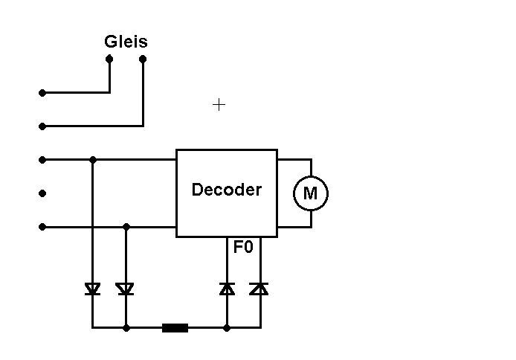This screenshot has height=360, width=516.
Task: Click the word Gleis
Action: point(126,42)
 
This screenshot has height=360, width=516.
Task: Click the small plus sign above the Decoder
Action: point(219,105)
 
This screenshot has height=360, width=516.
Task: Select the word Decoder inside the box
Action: point(227,190)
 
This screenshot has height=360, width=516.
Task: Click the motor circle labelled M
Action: point(310,193)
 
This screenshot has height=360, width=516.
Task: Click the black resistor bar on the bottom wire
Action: point(175,327)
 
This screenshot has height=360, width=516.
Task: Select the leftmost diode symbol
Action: point(92,289)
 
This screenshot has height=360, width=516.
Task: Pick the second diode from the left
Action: point(126,289)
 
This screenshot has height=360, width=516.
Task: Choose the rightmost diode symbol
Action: point(259,289)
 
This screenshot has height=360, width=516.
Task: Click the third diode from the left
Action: point(227,289)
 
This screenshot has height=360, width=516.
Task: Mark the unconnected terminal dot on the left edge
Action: point(42,193)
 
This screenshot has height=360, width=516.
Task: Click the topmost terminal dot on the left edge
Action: point(42,93)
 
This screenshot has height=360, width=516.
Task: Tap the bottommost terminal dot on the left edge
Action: point(42,227)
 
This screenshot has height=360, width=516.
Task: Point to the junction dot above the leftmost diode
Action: point(92,159)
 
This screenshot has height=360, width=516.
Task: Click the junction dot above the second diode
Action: point(126,227)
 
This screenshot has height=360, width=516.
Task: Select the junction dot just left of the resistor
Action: point(126,327)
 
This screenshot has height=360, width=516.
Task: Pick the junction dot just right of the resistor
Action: point(227,327)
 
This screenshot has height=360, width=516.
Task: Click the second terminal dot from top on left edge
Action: point(42,126)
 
